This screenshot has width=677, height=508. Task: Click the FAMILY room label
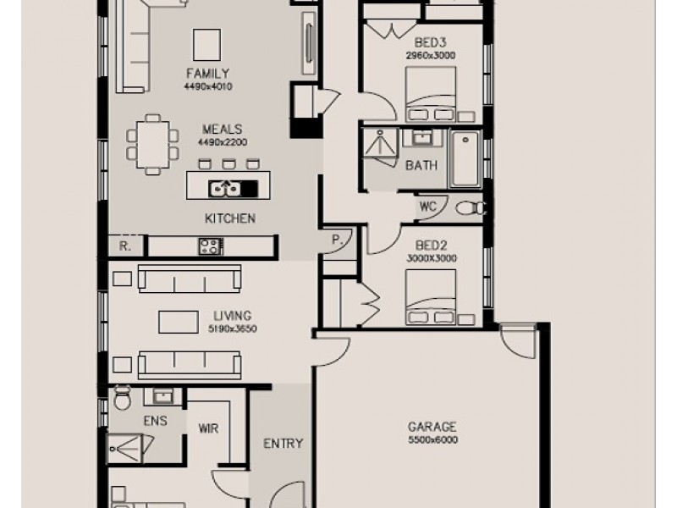pos(207,73)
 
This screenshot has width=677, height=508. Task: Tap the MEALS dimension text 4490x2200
pos(223,142)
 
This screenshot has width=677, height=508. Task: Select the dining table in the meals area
pos(152,145)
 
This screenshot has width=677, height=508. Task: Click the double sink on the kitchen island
pos(224,188)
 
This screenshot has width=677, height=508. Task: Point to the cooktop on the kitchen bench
pos(211,246)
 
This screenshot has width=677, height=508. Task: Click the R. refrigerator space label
pos(124,246)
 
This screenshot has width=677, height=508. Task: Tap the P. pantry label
pos(337,240)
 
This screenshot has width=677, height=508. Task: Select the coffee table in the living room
pos(179,322)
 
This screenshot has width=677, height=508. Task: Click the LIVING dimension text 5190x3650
pos(232,329)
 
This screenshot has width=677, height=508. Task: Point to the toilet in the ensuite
pos(122,398)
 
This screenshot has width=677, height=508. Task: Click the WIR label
pos(208,428)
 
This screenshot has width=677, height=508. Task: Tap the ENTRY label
pos(283,443)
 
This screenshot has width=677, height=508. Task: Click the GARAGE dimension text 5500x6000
pos(433,440)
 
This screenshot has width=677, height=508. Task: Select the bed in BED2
pos(431,297)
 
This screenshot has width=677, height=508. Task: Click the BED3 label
pos(430,43)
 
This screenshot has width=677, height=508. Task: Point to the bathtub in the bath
pos(465,159)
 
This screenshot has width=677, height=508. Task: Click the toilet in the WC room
pos(471,209)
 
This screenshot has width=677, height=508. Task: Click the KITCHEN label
pos(230,218)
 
